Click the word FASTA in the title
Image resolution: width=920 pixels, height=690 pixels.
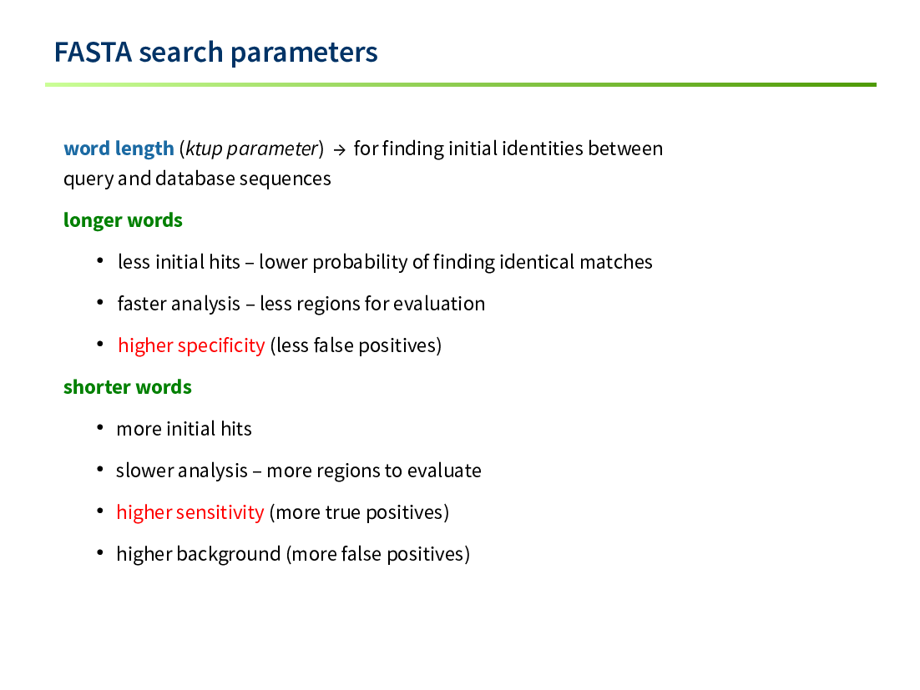point(93,53)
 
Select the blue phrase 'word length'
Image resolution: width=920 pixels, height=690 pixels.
point(119,149)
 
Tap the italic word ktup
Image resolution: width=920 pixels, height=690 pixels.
point(204,149)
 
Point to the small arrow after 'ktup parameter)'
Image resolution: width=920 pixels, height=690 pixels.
point(339,150)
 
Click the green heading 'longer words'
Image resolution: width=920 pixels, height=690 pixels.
point(123,220)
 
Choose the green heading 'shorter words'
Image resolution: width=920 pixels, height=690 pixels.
point(128,387)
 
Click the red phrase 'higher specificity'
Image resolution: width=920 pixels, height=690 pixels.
point(191,345)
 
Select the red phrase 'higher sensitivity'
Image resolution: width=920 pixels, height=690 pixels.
point(190,512)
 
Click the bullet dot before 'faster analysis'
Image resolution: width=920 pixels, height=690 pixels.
point(100,303)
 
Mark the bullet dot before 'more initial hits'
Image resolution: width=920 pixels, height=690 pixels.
point(100,427)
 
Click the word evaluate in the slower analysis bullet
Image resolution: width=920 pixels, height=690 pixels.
point(444,471)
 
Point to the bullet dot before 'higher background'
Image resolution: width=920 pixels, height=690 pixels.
point(100,552)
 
